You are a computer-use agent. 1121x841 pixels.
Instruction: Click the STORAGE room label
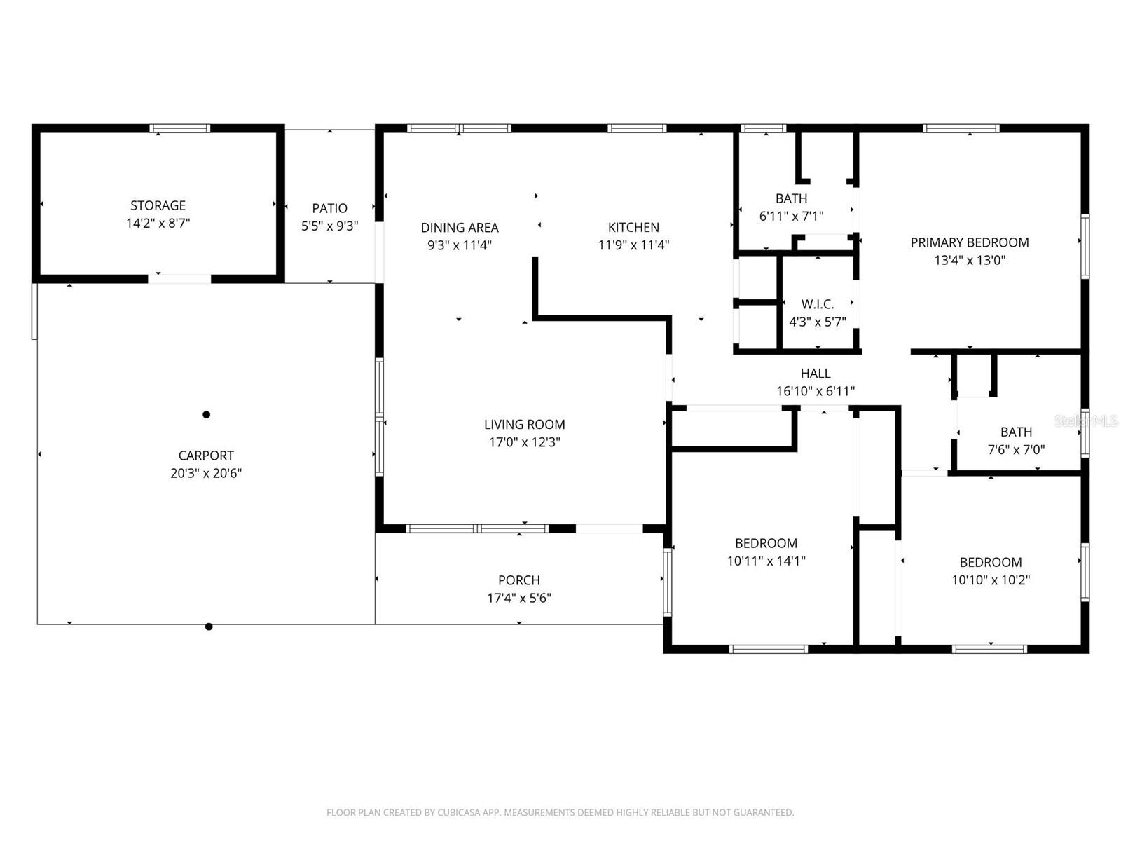158,205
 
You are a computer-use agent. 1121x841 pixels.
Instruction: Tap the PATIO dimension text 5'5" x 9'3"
329,226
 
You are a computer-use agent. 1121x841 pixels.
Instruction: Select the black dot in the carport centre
206,415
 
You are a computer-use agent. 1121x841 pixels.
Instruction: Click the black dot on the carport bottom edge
209,627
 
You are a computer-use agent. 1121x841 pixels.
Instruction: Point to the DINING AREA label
460,227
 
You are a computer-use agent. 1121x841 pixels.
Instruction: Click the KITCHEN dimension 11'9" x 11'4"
633,245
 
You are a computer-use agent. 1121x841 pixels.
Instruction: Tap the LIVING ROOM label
524,424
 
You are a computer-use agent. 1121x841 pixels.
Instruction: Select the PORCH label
518,580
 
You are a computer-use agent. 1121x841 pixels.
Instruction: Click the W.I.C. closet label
817,304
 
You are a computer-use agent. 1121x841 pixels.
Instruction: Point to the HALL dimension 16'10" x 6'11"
815,392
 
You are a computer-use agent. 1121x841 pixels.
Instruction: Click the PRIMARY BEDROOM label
969,242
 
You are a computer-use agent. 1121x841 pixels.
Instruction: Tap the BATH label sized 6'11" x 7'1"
791,198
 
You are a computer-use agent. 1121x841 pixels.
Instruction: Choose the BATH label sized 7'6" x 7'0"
1016,432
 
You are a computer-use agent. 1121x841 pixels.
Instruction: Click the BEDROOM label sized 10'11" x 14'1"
766,543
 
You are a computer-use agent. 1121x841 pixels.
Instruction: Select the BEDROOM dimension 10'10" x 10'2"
990,580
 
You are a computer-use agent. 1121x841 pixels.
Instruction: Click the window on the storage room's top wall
180,129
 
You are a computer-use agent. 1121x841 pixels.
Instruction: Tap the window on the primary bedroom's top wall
961,129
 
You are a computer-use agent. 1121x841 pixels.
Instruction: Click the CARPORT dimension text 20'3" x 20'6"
205,473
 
